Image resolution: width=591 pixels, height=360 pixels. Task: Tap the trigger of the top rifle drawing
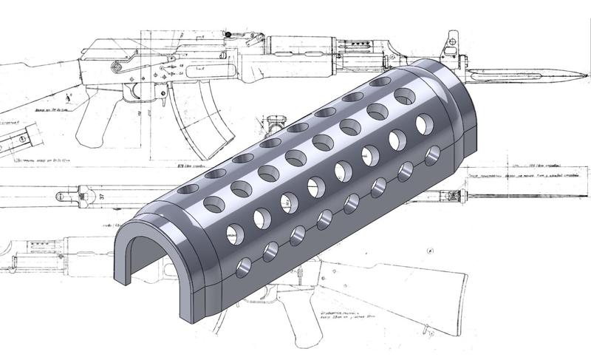pos(157,93)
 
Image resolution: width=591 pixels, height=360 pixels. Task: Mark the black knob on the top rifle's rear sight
pos(229,34)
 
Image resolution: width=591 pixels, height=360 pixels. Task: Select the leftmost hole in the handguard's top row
pos(188,189)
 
